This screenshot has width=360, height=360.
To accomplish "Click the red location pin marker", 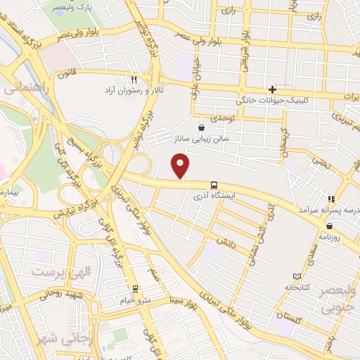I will [181, 167].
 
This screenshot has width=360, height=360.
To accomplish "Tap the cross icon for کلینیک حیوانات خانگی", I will [273, 89].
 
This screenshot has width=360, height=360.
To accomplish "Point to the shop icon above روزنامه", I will [328, 226].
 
